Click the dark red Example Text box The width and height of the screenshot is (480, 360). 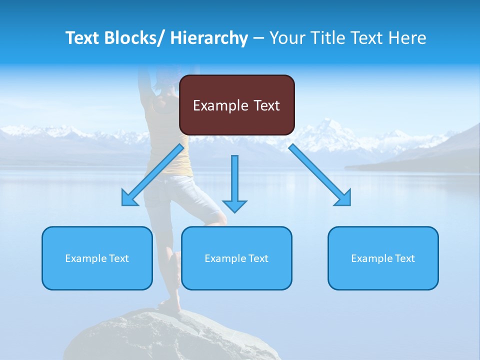[237, 105]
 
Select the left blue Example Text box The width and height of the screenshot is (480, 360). [97, 258]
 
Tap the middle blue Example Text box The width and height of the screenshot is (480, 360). [236, 258]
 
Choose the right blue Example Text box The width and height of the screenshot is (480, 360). [383, 258]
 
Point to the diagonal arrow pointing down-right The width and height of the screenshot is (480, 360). [320, 175]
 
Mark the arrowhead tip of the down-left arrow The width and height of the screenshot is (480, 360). [123, 204]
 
